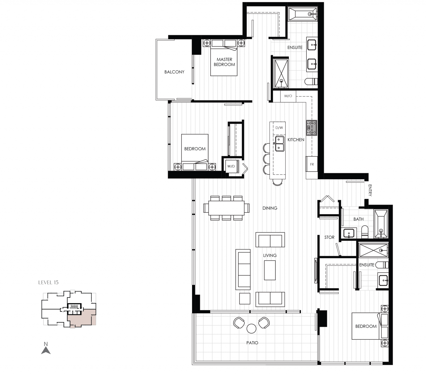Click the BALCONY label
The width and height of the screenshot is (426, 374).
click(174, 72)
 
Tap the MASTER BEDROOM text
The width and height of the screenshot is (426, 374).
click(224, 62)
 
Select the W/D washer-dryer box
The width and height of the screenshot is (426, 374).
click(231, 166)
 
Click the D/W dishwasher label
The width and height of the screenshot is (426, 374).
click(279, 128)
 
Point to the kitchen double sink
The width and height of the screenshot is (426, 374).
click(279, 144)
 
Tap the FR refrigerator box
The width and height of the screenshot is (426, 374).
click(312, 164)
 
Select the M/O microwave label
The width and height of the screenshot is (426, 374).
click(288, 96)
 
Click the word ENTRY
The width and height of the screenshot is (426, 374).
click(370, 190)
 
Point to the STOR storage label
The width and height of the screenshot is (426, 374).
click(329, 237)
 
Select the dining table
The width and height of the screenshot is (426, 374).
click(226, 208)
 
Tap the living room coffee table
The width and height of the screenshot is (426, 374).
click(270, 270)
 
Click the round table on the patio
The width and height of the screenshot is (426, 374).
click(251, 329)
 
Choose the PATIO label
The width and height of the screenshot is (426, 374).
click(252, 343)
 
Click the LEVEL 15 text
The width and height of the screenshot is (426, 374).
click(48, 282)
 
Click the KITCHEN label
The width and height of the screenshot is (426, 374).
click(296, 140)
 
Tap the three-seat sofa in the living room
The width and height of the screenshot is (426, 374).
click(243, 269)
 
